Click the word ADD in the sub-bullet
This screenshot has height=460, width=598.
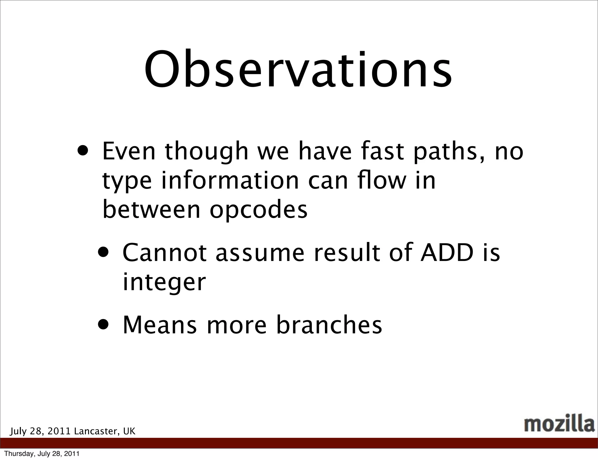tap(447, 253)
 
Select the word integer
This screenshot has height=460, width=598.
tap(164, 283)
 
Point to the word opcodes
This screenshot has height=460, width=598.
tap(258, 210)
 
